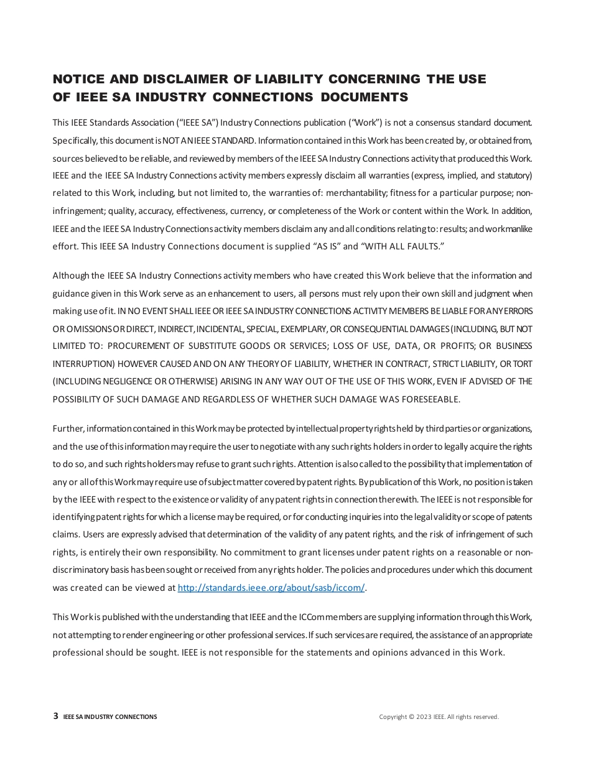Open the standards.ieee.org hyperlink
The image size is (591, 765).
271,588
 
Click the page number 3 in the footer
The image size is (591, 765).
56,716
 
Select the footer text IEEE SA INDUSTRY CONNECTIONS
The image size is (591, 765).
110,716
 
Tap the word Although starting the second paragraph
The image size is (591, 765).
70,276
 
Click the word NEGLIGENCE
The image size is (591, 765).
126,381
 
